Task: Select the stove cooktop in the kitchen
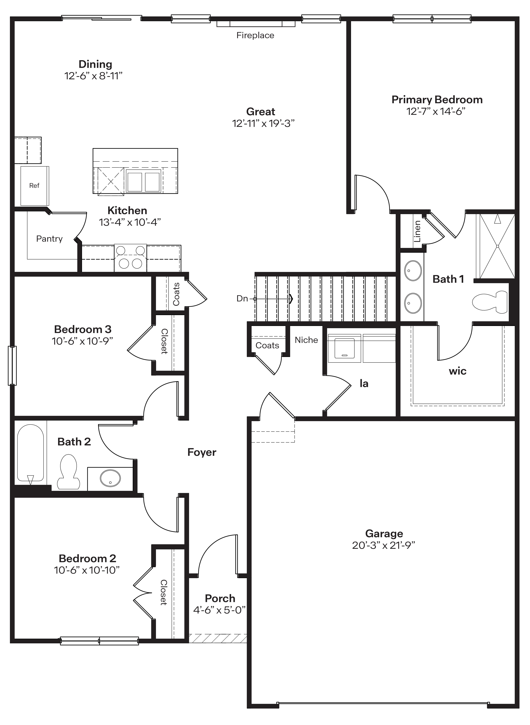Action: click(130, 258)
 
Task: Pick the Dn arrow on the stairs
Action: click(273, 299)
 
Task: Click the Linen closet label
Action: click(417, 231)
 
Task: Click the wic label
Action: click(457, 371)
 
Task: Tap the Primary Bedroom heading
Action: click(437, 100)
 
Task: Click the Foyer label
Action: click(202, 452)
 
